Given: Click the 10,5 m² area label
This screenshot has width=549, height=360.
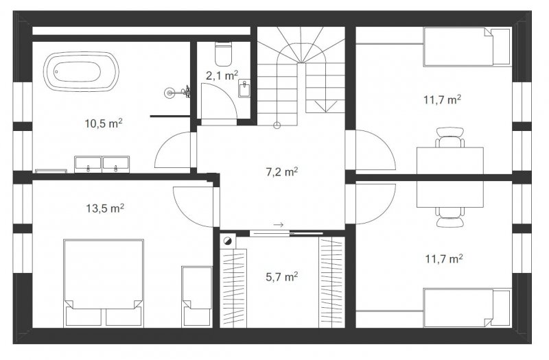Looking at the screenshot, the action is tap(104, 123).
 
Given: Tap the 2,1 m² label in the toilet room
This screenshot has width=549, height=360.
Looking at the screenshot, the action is tap(222, 75).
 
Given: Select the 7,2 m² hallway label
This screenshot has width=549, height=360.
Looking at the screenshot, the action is tap(282, 172).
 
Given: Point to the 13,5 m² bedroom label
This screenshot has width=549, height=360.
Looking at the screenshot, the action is tap(105, 208).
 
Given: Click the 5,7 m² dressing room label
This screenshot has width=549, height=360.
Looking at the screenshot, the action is tap(282, 277).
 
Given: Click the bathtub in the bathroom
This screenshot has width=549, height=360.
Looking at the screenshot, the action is tap(81, 72).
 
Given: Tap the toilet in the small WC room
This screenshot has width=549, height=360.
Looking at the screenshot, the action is tap(224, 54).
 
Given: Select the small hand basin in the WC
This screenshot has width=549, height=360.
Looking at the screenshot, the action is tap(244, 88).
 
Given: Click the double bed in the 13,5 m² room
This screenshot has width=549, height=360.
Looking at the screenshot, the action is tap(104, 283).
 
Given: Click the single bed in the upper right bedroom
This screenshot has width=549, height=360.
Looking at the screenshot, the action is tap(467, 47).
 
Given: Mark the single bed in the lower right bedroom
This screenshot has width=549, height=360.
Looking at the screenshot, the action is tap(467, 308).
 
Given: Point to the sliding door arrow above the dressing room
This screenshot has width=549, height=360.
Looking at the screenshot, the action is tap(279, 225).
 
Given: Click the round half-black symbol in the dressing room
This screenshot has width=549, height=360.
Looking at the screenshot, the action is tap(229, 241).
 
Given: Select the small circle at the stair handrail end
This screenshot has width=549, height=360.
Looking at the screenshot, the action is tap(277, 125).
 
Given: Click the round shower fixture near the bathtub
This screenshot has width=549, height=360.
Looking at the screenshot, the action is tap(170, 93).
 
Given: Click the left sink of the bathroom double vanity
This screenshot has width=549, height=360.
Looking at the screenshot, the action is tap(88, 165).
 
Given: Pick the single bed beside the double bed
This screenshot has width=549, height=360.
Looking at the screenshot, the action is tap(197, 297).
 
